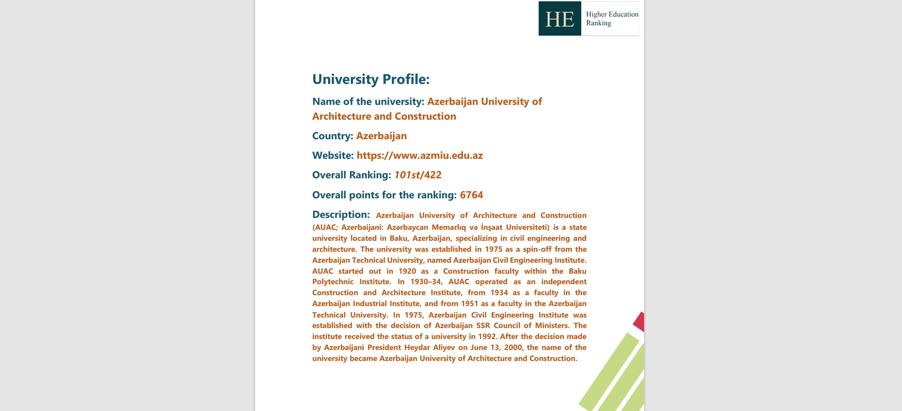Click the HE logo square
[x=560, y=19]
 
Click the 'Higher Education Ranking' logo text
[x=612, y=19]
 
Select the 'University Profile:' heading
[x=370, y=79]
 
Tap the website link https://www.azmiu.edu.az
[x=420, y=155]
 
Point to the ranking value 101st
[x=406, y=175]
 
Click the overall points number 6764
[x=471, y=195]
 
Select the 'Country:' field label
[x=332, y=136]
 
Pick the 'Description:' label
[x=341, y=215]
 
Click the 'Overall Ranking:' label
[x=351, y=175]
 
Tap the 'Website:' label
[x=333, y=155]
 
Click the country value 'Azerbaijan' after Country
[x=381, y=136]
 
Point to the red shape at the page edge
[x=639, y=322]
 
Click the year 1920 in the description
[x=407, y=271]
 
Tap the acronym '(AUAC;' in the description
[x=324, y=227]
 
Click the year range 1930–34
[x=426, y=281]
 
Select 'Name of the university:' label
[x=368, y=102]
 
